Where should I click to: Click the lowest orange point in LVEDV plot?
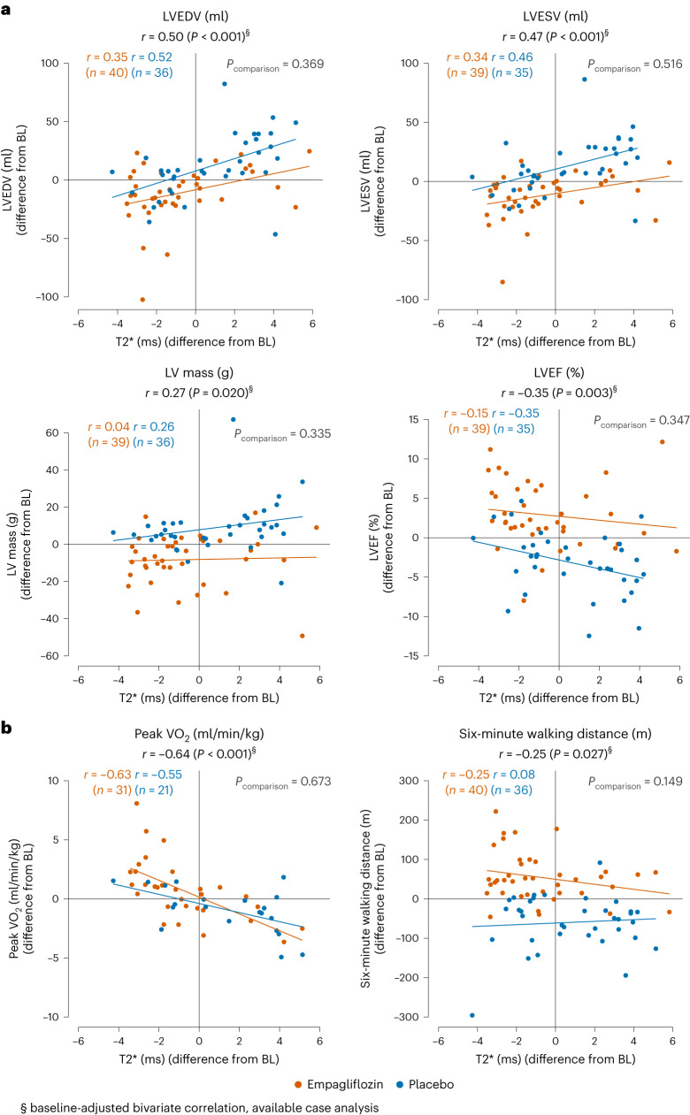(x=142, y=299)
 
